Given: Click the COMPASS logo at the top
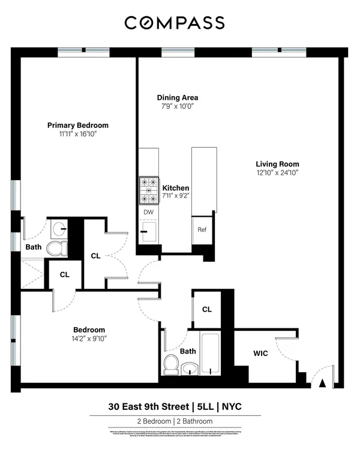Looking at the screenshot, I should (175, 23).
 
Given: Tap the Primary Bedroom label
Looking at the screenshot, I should (78, 125).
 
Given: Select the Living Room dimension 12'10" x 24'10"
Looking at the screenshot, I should (277, 172).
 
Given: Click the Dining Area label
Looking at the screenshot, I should (178, 98).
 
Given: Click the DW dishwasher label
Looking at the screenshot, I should (148, 212).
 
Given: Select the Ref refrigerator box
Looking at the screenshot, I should (202, 229).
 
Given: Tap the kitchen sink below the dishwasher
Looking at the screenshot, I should (148, 231).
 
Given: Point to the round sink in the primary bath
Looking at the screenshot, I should (59, 228).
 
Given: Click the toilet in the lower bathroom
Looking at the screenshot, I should (172, 364).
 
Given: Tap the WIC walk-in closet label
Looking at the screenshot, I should (260, 354).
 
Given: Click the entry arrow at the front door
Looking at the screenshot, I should (322, 382).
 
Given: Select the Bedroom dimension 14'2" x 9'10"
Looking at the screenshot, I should (89, 338).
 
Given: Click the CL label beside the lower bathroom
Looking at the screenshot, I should (207, 310).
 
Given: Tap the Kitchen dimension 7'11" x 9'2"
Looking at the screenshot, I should (176, 196).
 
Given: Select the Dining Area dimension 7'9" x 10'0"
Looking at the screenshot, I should (178, 106).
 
